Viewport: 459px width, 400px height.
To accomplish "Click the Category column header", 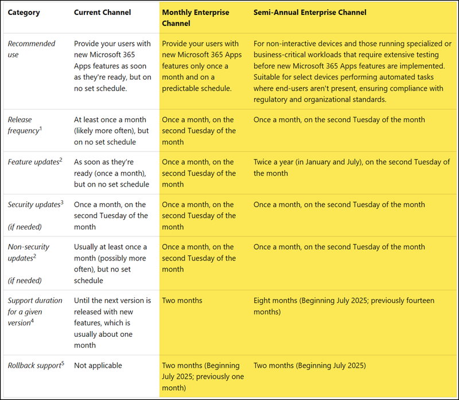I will (24, 12).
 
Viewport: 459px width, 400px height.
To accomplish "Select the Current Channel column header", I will (102, 12).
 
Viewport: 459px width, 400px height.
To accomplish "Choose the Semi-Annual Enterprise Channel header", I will (310, 12).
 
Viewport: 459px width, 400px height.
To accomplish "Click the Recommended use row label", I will (32, 49).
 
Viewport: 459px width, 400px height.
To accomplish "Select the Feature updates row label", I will (33, 162).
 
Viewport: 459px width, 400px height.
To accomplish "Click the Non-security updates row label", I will (29, 253).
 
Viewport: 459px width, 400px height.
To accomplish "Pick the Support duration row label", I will (33, 312).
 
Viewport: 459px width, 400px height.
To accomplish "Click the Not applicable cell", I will (98, 366).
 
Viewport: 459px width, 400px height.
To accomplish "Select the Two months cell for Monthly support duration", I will (182, 300).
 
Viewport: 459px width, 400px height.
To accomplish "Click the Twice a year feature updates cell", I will (351, 168).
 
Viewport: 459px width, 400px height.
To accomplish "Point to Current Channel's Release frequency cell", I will (110, 131).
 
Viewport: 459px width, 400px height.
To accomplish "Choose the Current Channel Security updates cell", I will (111, 216).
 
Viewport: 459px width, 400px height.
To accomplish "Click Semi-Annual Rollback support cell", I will (309, 366).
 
